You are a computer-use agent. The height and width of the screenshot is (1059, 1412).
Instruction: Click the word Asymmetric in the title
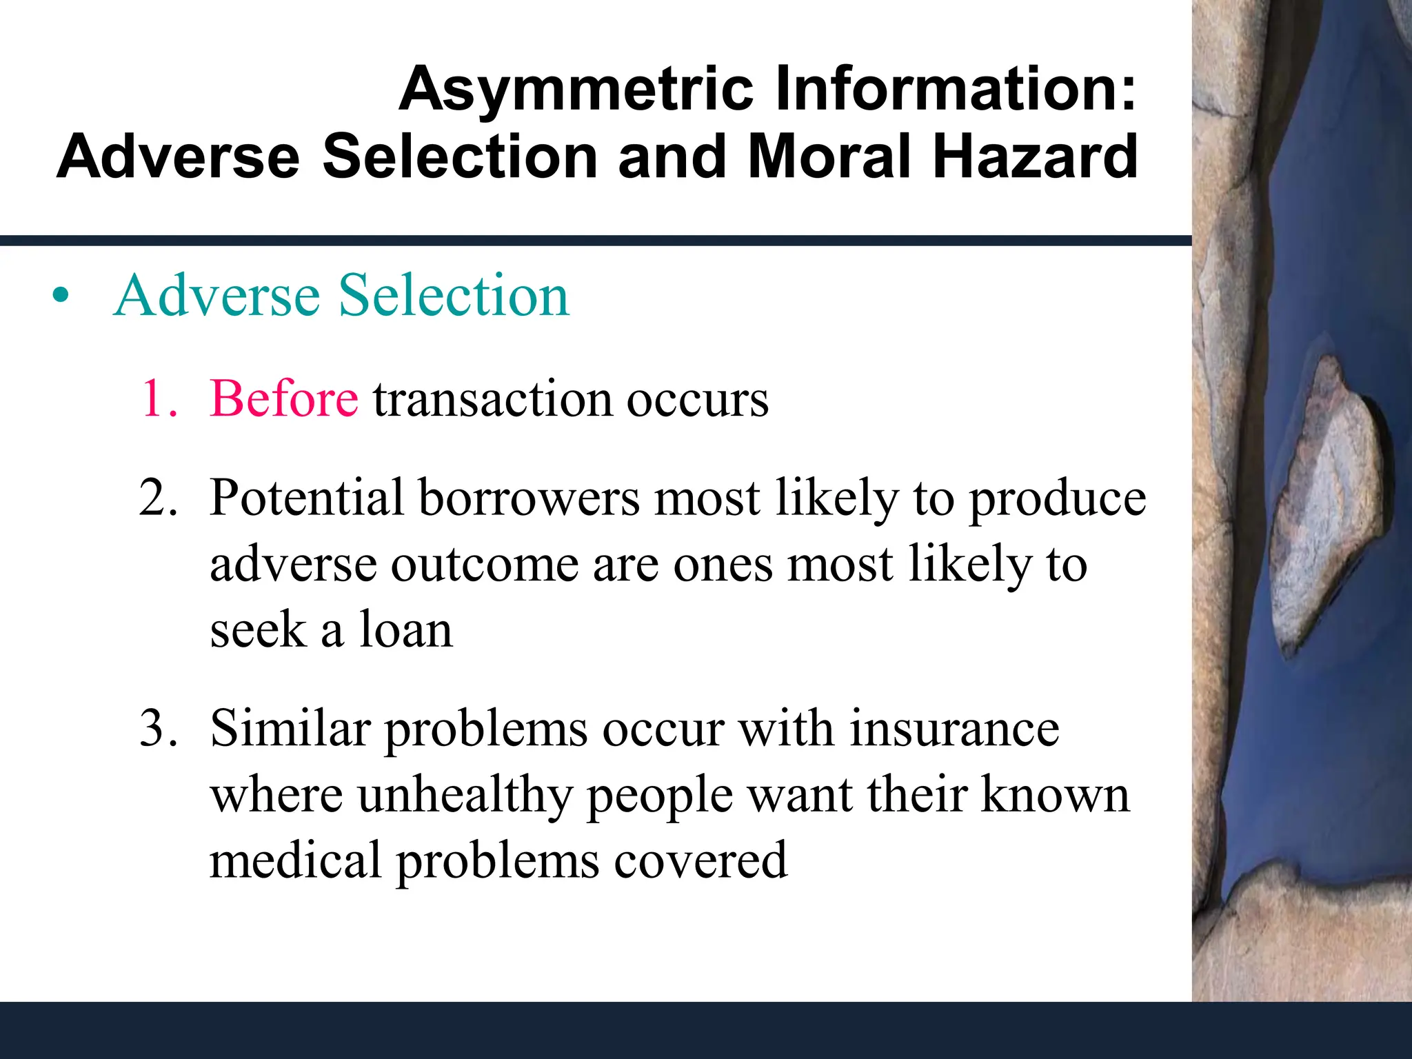pos(576,90)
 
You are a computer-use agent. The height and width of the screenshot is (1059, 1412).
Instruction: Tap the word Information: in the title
pos(956,90)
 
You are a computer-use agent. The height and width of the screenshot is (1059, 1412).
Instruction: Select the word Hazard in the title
pos(1034,157)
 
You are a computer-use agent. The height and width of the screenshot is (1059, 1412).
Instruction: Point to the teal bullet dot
pos(61,296)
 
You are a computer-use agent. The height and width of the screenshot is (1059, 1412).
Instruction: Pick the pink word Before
pos(284,399)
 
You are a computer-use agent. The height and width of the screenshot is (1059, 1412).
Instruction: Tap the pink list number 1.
pos(157,399)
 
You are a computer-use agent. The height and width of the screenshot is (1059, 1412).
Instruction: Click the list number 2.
pos(159,498)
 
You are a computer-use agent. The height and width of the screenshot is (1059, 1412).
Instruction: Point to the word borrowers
pos(529,498)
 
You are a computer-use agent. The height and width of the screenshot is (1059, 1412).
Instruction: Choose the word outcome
pos(485,564)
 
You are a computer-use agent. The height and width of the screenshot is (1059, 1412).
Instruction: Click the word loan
pos(405,630)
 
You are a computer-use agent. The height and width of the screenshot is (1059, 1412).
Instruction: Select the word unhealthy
pos(465,796)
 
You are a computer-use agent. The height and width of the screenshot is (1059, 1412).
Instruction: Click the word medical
pos(295,860)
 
